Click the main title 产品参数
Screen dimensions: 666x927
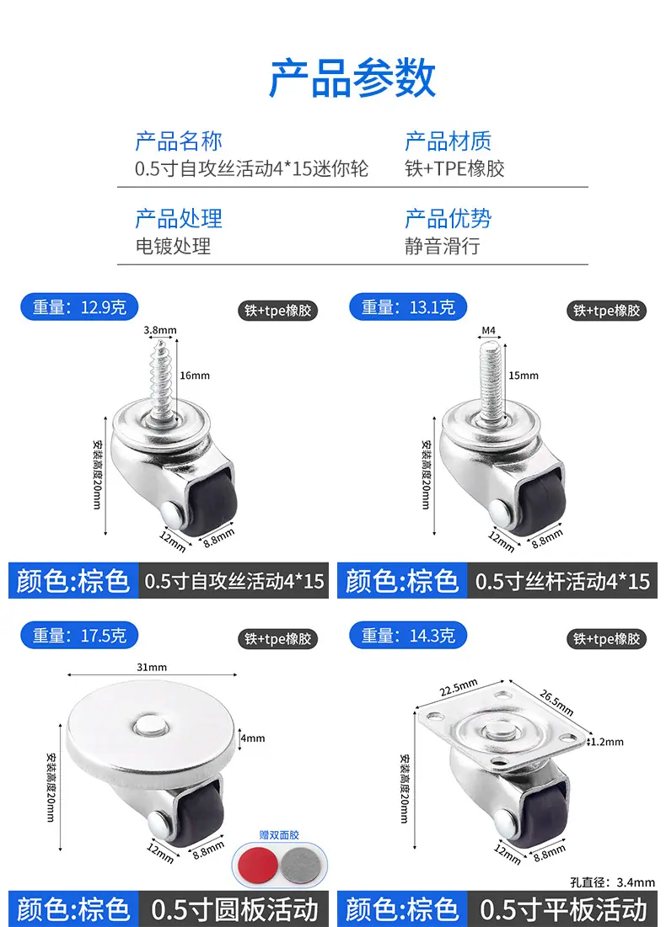click(352, 78)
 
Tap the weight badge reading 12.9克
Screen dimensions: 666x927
click(79, 307)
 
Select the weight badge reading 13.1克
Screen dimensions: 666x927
click(408, 307)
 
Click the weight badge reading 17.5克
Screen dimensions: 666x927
click(79, 636)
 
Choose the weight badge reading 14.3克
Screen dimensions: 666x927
click(408, 636)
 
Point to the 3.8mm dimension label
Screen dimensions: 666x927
click(160, 330)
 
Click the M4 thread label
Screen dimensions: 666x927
click(488, 331)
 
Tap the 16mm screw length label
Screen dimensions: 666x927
click(195, 376)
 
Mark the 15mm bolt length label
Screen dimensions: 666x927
click(524, 376)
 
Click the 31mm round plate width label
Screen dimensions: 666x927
click(152, 667)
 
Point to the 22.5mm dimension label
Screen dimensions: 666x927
click(459, 688)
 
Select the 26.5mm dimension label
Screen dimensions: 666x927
click(556, 702)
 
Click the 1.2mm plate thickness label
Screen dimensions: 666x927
click(607, 742)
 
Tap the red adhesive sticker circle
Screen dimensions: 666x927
click(258, 865)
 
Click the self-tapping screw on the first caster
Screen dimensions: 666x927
click(160, 378)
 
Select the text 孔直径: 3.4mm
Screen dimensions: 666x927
click(612, 882)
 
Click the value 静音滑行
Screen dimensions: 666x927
click(443, 246)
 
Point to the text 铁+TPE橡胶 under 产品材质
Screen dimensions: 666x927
click(454, 169)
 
